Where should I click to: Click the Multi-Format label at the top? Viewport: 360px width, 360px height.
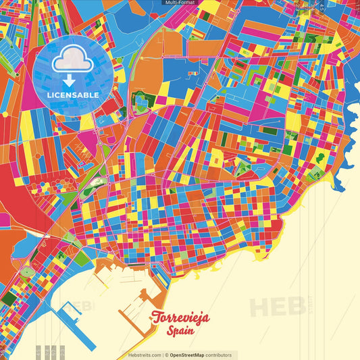pyautogui.click(x=180, y=3)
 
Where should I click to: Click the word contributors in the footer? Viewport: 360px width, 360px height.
pyautogui.click(x=219, y=355)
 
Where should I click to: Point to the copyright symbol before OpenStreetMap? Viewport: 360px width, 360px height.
pyautogui.click(x=166, y=355)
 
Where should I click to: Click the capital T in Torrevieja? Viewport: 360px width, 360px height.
pyautogui.click(x=157, y=316)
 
